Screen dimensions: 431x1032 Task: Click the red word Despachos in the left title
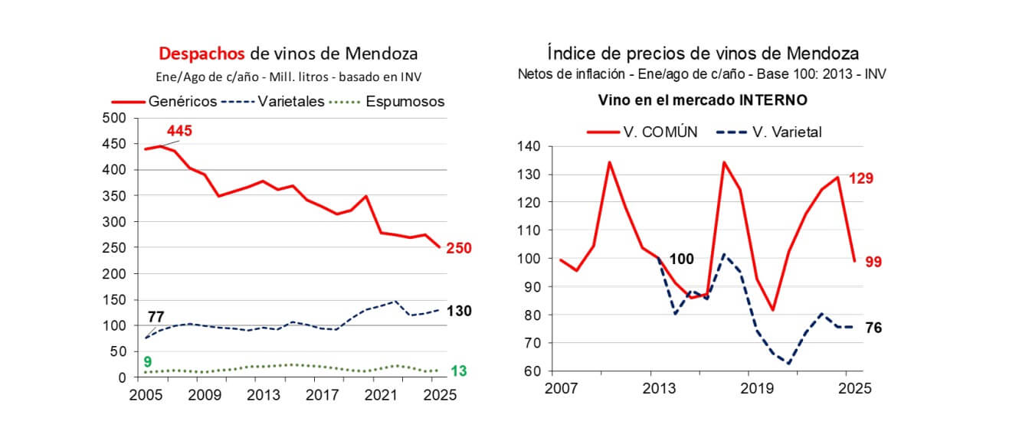(201, 54)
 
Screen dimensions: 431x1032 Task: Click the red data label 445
(179, 131)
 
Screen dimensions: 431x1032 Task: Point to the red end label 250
(460, 248)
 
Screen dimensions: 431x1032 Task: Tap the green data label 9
(149, 361)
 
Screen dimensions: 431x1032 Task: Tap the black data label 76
(872, 328)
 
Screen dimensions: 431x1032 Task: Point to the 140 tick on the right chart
(529, 146)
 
